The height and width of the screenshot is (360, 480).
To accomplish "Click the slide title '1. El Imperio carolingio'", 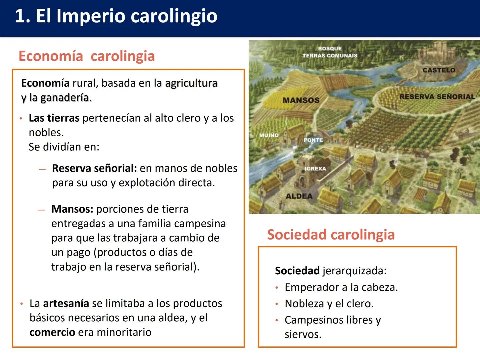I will pyautogui.click(x=116, y=16).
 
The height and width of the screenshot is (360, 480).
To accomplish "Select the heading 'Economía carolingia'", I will pyautogui.click(x=87, y=56).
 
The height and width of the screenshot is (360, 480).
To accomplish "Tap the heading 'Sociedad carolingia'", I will pyautogui.click(x=331, y=235).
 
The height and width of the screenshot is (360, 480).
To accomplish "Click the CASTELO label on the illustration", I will pyautogui.click(x=439, y=70).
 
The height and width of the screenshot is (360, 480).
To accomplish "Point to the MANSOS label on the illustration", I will pyautogui.click(x=301, y=100).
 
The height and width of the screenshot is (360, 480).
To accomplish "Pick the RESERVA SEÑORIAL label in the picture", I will pyautogui.click(x=437, y=97).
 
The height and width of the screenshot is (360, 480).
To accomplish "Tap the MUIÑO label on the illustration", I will pyautogui.click(x=269, y=135).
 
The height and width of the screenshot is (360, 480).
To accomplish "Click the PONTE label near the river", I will pyautogui.click(x=313, y=140).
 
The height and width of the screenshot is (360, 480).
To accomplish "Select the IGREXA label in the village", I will pyautogui.click(x=315, y=169).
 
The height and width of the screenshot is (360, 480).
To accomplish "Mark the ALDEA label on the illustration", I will pyautogui.click(x=299, y=196).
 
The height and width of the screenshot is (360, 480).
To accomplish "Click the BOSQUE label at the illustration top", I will pyautogui.click(x=330, y=49).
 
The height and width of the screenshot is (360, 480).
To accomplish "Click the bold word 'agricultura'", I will pyautogui.click(x=191, y=83).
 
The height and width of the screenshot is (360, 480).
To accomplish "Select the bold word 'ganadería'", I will pyautogui.click(x=66, y=98).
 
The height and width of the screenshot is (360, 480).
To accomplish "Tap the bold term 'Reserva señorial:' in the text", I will pyautogui.click(x=94, y=168).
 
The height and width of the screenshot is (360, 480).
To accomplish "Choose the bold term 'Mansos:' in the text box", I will pyautogui.click(x=72, y=209).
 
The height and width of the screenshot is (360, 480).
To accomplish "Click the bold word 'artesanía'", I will pyautogui.click(x=66, y=303).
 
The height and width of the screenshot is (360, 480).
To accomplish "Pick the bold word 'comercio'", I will pyautogui.click(x=52, y=332).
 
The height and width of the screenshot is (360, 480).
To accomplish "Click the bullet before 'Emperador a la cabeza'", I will pyautogui.click(x=277, y=288).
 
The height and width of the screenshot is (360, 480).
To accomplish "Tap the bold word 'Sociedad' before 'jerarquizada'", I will pyautogui.click(x=297, y=271).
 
